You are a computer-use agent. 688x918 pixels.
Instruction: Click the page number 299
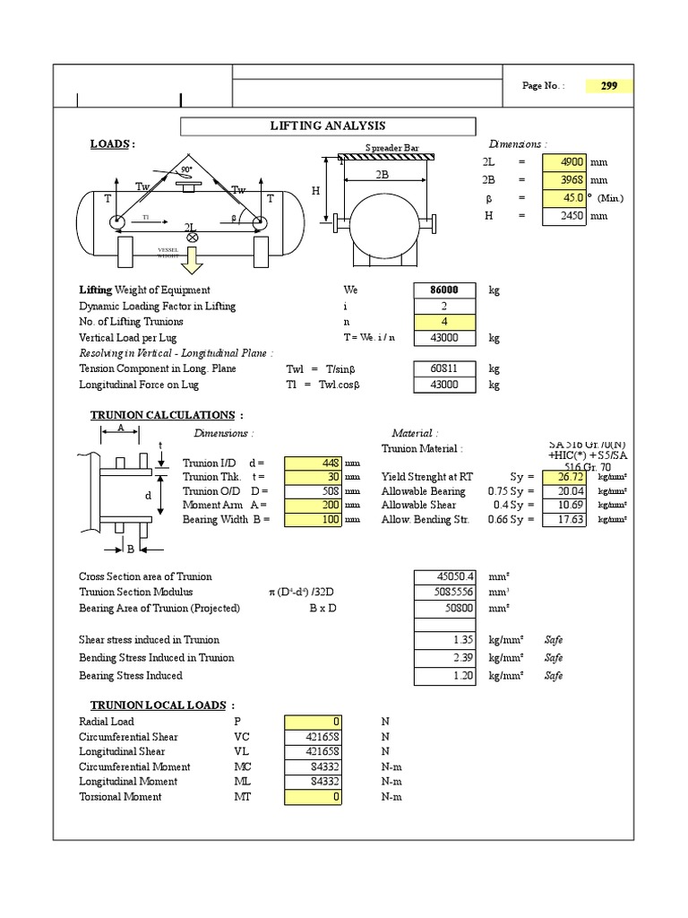(609, 86)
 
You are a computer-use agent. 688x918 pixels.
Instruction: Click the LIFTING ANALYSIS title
(328, 126)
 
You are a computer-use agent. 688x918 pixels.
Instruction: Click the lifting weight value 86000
(441, 290)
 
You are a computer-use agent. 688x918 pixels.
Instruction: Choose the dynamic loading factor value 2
(441, 306)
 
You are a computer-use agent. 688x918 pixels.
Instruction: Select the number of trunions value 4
(441, 322)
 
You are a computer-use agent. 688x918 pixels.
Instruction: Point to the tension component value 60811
(441, 368)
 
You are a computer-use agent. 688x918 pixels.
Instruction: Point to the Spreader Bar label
(392, 147)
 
